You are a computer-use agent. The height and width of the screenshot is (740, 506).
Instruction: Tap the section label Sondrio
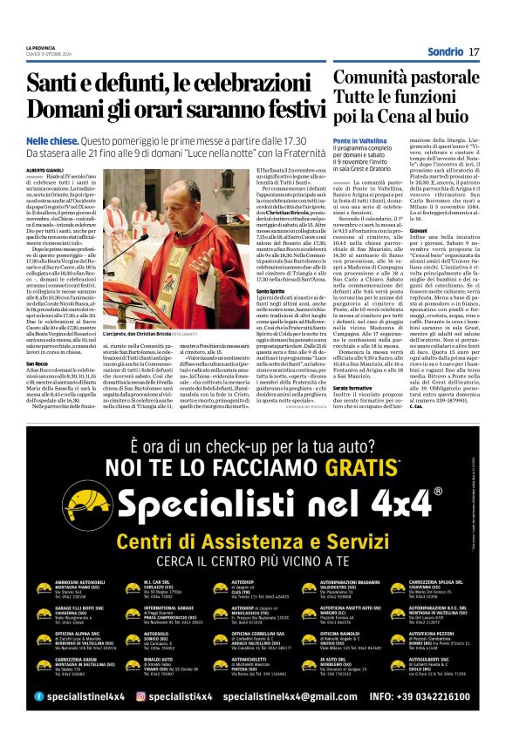coord(445,52)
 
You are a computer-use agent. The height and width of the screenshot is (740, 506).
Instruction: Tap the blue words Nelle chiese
coord(51,139)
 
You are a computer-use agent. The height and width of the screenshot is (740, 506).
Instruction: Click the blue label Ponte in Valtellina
coord(358,140)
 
